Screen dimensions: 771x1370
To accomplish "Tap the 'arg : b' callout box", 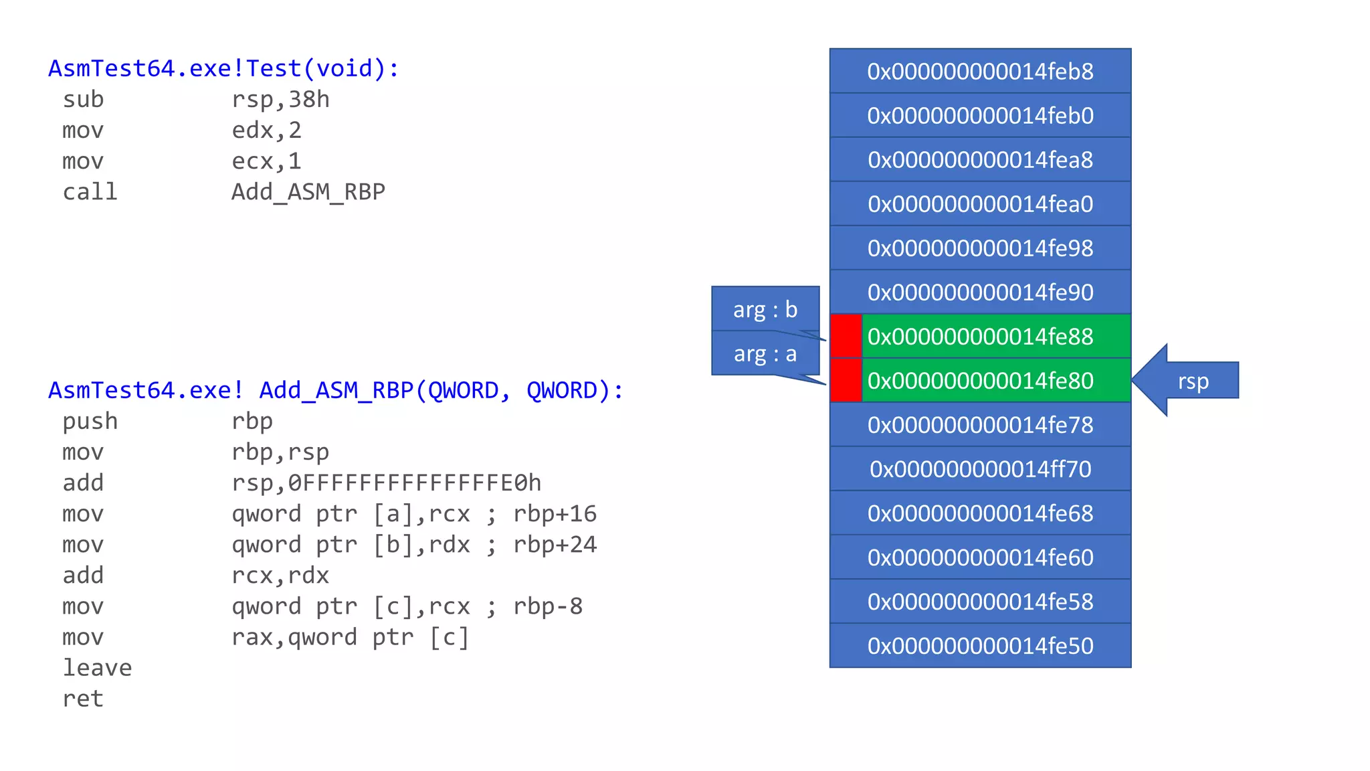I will tap(765, 309).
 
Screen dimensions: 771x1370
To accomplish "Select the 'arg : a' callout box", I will tap(765, 353).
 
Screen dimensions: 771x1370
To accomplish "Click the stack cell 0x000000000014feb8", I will tap(980, 71).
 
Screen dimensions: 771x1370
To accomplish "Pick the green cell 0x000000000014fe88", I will tap(995, 336).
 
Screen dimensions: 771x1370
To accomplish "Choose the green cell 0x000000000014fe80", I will tap(995, 380).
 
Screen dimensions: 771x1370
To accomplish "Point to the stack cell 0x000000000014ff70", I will tap(980, 468).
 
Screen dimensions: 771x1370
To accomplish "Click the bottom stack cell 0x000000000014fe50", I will tap(980, 645).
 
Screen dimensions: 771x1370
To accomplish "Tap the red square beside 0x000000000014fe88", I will tap(846, 336).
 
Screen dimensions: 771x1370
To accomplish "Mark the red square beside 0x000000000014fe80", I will tap(846, 380).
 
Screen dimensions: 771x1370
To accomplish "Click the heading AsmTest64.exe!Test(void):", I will tap(223, 68).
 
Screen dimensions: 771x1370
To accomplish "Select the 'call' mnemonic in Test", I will tap(90, 192).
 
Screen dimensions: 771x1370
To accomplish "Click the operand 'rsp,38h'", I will tap(280, 100).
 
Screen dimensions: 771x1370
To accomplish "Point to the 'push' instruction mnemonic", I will tap(90, 422).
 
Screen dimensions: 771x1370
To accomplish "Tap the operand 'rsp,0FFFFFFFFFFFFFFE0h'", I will tap(386, 483).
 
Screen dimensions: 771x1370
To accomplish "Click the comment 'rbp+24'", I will tap(555, 545).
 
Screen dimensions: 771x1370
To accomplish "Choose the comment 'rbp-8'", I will tap(548, 606).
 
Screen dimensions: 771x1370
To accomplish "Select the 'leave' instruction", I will tap(97, 668).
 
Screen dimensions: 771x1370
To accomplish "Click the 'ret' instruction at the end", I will tap(83, 699).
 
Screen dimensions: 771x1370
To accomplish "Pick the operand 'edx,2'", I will tap(266, 131).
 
